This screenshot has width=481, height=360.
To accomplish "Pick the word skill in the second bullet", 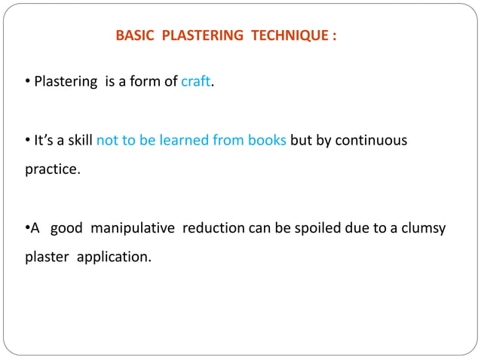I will [x=77, y=141].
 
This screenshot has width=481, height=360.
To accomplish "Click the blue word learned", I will [x=182, y=141].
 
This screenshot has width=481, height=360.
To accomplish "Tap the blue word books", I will [x=266, y=141].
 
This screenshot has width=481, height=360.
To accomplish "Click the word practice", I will [x=51, y=169].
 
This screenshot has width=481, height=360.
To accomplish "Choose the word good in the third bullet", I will [x=66, y=229].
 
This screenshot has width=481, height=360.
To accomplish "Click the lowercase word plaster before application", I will [x=47, y=258].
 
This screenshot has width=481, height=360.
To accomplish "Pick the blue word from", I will [x=227, y=141].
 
